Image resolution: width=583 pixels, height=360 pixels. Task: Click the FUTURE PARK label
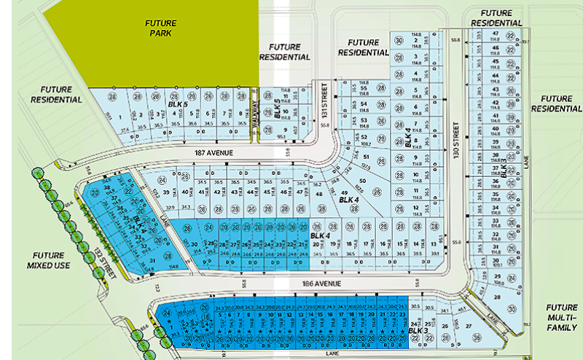click(159, 28)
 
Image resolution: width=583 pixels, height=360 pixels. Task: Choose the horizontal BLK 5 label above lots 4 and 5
click(179, 104)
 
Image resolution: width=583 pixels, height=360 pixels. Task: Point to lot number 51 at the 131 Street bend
click(367, 157)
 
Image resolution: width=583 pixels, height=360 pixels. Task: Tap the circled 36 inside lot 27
click(477, 337)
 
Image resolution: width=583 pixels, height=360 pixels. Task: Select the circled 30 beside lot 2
click(399, 40)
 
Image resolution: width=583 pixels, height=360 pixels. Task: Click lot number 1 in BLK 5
click(138, 115)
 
